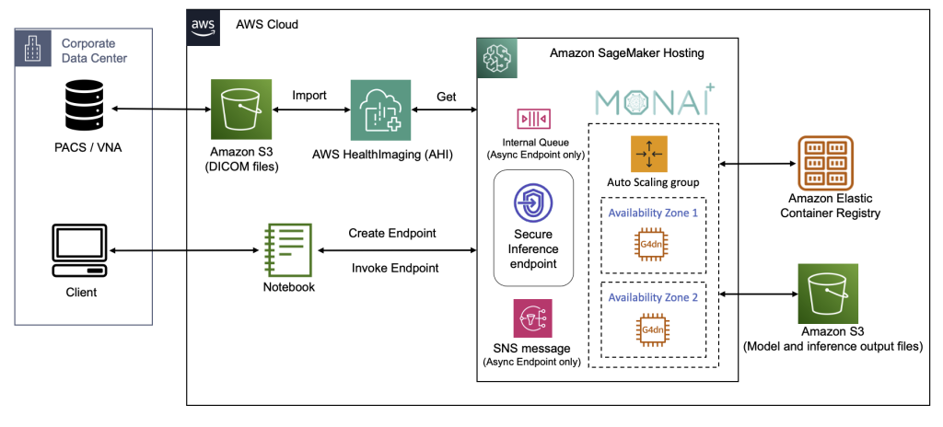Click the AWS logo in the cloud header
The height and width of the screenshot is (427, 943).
pos(203,25)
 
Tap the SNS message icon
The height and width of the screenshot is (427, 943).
pos(532,318)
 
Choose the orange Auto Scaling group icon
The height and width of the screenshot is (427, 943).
pos(648,154)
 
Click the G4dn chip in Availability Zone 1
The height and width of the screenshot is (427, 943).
pos(648,243)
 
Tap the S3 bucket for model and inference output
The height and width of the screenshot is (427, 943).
pos(828,294)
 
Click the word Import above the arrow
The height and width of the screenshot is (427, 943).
pos(309,96)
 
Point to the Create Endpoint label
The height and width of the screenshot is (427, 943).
pos(392,233)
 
